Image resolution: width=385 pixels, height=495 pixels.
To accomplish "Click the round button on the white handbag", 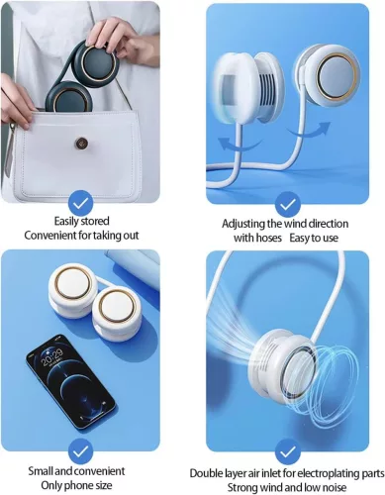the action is click(81, 144).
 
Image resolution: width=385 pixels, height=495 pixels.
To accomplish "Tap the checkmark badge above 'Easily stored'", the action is click(81, 204).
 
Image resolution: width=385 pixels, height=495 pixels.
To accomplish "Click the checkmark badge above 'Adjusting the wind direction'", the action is click(287, 205).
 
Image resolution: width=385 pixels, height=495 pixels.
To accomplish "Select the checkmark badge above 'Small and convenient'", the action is click(81, 451).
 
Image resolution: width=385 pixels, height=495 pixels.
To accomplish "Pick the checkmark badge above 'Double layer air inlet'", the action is click(288, 452).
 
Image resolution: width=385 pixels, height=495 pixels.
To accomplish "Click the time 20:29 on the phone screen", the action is click(52, 356).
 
